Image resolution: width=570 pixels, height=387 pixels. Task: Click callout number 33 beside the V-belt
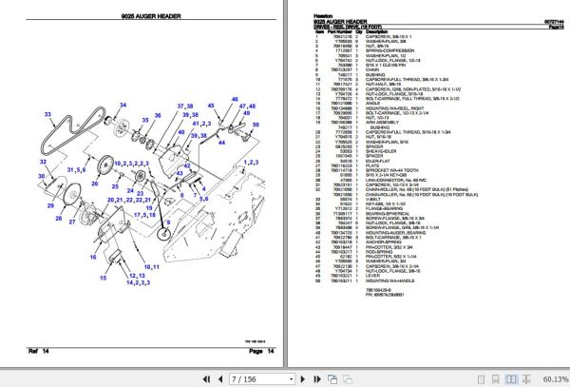(49, 114)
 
